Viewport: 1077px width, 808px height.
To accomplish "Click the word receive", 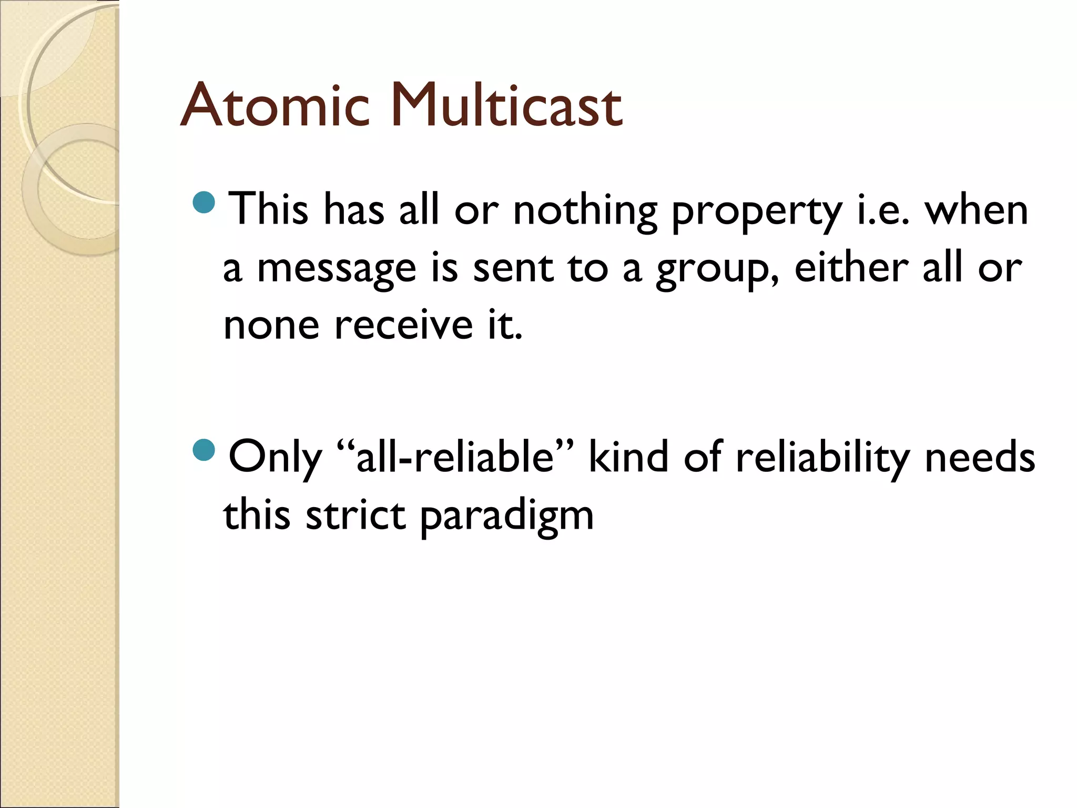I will coord(404,325).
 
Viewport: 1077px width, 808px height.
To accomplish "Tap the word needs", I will coord(980,457).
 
